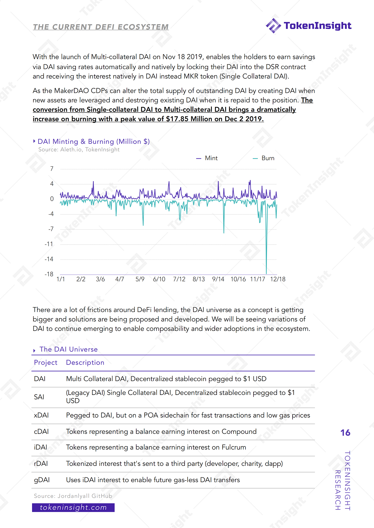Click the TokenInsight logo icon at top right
tap(273, 26)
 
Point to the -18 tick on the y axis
tap(49, 274)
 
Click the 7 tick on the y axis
tap(52, 169)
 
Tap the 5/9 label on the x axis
tap(140, 279)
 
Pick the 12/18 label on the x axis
tap(278, 279)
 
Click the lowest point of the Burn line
tap(266, 273)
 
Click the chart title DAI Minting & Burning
tap(93, 142)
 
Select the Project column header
tap(46, 363)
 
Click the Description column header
tap(85, 363)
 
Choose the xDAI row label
tap(41, 415)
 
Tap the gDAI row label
tap(42, 480)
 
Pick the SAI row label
tap(39, 397)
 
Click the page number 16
tap(345, 433)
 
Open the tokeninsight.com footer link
tap(73, 507)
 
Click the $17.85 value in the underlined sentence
tap(177, 119)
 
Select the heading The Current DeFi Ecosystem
tap(101, 27)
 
